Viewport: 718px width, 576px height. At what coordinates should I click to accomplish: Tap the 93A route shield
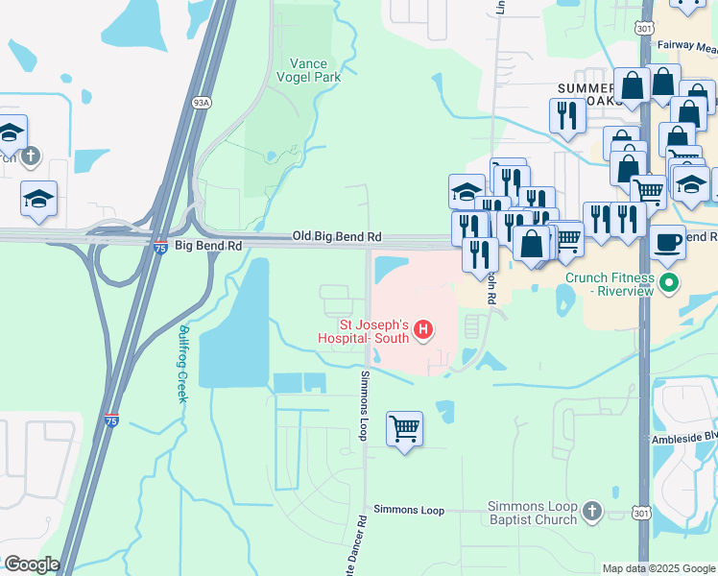pos(201,104)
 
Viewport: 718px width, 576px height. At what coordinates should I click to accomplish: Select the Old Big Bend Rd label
pos(337,236)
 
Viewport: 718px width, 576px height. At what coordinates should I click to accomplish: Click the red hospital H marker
pos(423,332)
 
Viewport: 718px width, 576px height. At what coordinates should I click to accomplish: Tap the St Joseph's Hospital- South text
pos(364,330)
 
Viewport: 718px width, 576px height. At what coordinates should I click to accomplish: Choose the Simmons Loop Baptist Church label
pos(532,513)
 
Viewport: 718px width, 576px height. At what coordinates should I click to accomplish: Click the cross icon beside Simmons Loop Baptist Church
pos(592,512)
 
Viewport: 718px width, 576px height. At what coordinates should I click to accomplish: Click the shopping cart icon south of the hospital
pos(404,428)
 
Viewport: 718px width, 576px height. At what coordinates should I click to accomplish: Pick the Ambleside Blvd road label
pos(683,438)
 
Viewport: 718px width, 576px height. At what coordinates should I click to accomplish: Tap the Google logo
pos(32,564)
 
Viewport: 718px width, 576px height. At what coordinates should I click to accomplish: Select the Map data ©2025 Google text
pos(658,568)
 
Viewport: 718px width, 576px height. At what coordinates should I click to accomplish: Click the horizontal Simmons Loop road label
pos(409,510)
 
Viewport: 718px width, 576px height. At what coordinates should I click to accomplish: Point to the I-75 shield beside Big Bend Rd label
pos(161,247)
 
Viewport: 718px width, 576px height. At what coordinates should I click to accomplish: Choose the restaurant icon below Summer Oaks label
pos(567,115)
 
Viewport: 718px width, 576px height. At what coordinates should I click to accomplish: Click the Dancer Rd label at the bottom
pos(363,544)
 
